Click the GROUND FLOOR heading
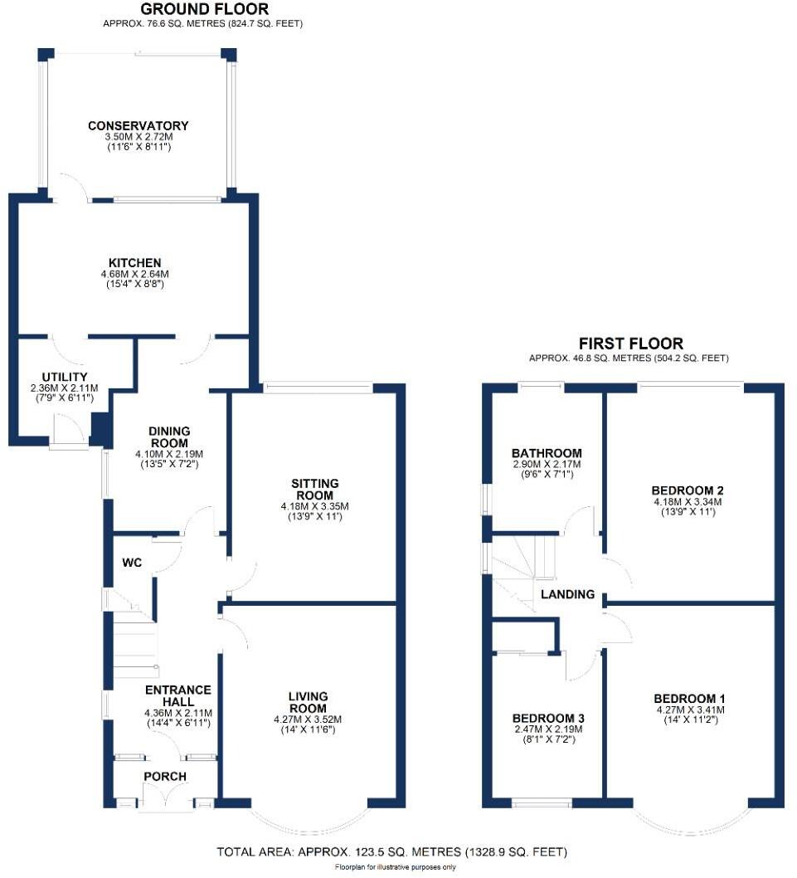204,9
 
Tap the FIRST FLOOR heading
630,344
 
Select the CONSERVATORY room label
139,126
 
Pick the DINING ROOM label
169,437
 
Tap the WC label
132,563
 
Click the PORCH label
165,777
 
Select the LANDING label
568,594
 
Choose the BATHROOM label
547,453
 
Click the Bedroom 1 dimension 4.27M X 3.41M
690,710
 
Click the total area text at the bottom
391,852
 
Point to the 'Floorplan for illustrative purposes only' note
395,868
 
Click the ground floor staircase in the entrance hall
135,643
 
